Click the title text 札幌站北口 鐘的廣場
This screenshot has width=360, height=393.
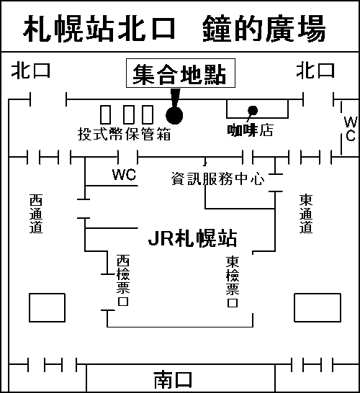coord(174,28)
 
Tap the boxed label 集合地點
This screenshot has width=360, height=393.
coord(181,73)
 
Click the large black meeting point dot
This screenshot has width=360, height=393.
coord(174,115)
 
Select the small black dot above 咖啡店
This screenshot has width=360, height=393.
coord(253,111)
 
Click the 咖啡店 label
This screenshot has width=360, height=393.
coord(250,130)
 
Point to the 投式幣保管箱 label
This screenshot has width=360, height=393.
coord(125,134)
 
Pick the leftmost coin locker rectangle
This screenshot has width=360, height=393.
coord(106,114)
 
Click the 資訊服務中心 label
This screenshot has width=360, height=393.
coord(217,179)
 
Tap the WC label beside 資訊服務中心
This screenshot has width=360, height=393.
coord(124,174)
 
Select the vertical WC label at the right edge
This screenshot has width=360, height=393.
coord(351,129)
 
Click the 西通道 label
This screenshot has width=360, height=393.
coord(36,214)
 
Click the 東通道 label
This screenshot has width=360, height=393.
coord(306,214)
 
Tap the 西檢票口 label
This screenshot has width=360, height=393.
coord(123,280)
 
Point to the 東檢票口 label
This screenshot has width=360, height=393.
coord(233,281)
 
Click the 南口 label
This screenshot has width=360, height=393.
coord(173,380)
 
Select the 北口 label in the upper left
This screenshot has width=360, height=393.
coord(30,71)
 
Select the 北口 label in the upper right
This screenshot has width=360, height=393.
coord(315,71)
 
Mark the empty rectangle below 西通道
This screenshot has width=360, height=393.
coord(47,307)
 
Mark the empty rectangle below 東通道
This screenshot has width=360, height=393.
coord(318,307)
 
